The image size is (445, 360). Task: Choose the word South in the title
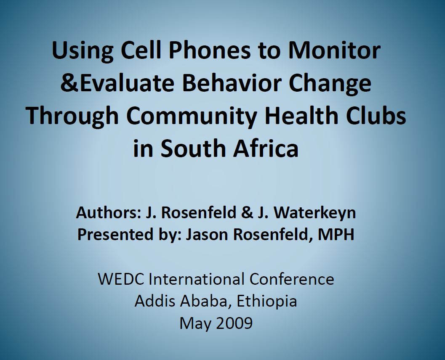click(194, 148)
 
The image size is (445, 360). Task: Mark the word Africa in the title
click(266, 148)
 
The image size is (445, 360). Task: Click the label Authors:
click(109, 213)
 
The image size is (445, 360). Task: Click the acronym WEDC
click(121, 279)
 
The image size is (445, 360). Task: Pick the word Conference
click(292, 279)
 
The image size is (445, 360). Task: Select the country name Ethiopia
click(267, 302)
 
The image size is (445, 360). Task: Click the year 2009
click(234, 323)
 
